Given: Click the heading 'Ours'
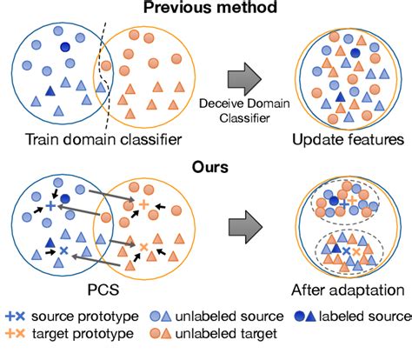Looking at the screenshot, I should [205, 162].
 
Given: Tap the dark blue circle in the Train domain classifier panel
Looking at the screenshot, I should [64, 48].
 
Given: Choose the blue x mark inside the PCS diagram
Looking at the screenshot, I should [63, 250].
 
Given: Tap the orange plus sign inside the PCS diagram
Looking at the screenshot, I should [144, 203].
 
